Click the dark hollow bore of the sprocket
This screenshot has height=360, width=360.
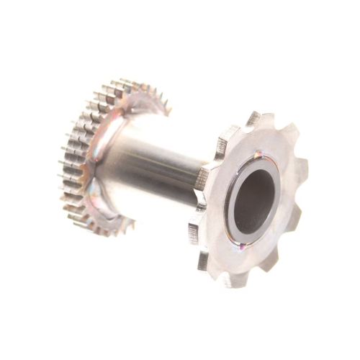click(x=253, y=199)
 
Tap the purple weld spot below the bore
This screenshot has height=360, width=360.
click(x=242, y=246)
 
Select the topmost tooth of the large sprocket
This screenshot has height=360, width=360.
click(x=253, y=120)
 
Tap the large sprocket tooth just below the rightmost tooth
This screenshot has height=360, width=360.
click(x=295, y=216)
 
